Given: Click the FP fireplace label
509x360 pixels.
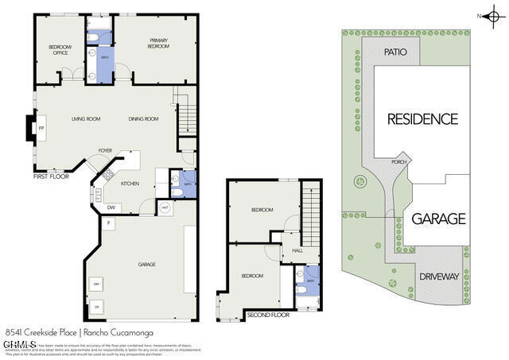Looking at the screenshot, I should point(41,129).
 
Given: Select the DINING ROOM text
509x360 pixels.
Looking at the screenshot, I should point(144,119).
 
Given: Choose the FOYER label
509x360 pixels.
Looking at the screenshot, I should point(105,150).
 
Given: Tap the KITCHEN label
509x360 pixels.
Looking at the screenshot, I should point(130,183).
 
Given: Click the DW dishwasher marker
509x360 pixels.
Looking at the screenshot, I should point(111,208).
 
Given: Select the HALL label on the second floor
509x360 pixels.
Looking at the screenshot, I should point(297,250).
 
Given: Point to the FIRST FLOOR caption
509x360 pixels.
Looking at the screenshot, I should point(52,176).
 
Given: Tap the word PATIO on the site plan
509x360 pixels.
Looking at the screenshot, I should point(395,52).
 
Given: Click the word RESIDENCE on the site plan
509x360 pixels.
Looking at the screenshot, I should point(422,119).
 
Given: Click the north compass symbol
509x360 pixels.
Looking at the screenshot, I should point(494,14).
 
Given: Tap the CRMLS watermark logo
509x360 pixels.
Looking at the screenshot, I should point(19,344).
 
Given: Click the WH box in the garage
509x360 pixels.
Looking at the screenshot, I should point(96,283).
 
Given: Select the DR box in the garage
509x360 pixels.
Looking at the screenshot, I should point(96,307).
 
